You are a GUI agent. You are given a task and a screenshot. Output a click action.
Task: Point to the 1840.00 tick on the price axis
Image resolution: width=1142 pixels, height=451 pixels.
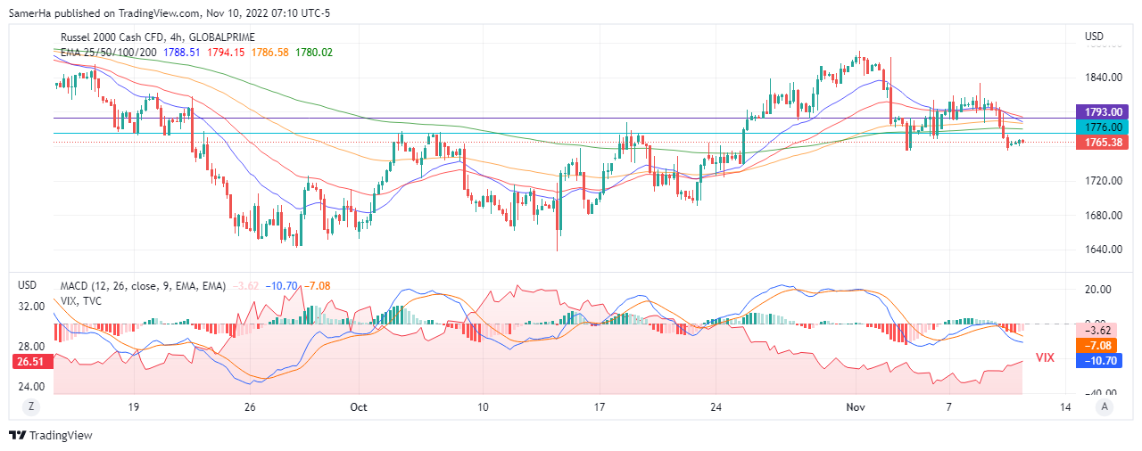click(1103, 78)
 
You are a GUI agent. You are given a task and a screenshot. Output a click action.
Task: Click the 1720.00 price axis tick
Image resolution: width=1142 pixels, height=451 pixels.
click(1103, 181)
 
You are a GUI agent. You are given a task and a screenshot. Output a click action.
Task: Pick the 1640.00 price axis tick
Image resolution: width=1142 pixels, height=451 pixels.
click(1103, 250)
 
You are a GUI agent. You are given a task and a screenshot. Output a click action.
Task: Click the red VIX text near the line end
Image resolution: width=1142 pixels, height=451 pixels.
click(1045, 357)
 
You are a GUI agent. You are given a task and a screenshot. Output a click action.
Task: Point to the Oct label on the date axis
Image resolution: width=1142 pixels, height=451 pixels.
click(359, 407)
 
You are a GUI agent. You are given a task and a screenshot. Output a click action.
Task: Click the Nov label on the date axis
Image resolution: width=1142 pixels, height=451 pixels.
click(856, 407)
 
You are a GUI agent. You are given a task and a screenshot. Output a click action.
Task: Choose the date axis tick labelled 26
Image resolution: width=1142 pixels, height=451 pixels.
click(250, 407)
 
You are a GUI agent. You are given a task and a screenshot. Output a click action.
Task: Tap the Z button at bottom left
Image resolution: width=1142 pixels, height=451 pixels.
click(31, 406)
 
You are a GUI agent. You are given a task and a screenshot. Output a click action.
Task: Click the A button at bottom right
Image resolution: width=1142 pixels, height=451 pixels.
click(1105, 406)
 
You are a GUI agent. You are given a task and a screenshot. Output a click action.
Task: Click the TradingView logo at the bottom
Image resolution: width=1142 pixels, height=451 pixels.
click(51, 435)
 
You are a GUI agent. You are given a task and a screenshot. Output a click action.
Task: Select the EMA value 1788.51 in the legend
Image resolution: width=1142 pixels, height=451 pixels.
click(182, 53)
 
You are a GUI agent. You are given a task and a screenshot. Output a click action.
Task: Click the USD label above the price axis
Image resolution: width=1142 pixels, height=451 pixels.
click(1094, 37)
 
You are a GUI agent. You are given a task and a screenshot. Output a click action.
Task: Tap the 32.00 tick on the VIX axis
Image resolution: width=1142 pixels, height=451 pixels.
click(33, 306)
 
